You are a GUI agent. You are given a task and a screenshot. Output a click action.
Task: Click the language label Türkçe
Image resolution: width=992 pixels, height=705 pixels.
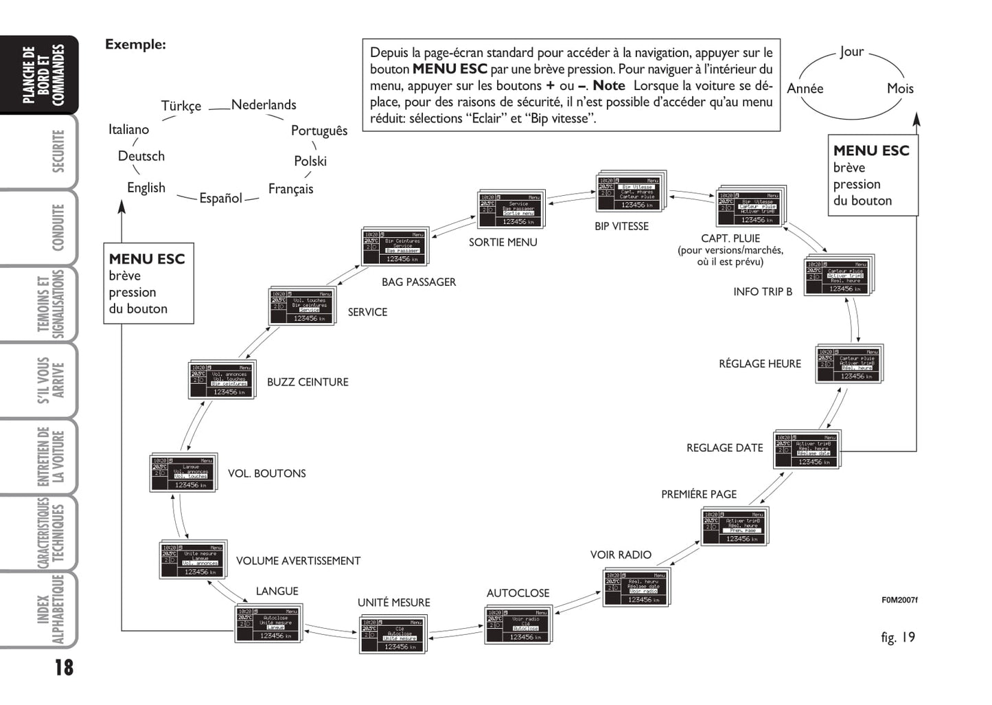pos(181,106)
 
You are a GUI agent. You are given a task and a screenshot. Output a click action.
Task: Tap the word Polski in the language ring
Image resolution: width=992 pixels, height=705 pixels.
pos(310,161)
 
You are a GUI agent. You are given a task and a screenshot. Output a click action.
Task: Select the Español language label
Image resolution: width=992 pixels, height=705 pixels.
pos(220,199)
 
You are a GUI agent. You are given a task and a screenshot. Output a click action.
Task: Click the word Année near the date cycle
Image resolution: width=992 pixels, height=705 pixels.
pos(805,89)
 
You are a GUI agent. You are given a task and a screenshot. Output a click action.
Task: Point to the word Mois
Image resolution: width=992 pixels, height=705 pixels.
pos(900,89)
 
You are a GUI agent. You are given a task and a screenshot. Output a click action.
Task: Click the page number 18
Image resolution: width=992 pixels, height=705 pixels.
pos(63,667)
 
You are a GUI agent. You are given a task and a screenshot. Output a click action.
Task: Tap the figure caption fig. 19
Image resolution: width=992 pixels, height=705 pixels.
pos(897,638)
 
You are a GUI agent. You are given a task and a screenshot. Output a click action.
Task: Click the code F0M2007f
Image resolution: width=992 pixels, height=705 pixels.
pos(899,600)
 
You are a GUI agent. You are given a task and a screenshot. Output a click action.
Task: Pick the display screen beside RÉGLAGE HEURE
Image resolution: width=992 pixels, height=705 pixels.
pos(848,364)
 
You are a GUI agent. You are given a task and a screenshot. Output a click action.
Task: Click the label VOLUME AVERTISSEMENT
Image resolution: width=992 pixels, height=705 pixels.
pos(298,561)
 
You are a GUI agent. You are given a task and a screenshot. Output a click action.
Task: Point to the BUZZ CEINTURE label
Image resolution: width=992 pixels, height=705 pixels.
pos(308,382)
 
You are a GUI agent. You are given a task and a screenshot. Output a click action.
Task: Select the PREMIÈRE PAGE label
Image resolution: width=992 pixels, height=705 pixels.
pos(699,495)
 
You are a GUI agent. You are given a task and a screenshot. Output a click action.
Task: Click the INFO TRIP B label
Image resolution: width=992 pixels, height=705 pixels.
pos(763,292)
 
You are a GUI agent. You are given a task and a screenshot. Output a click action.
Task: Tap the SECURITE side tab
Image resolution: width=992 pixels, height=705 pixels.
pos(58,152)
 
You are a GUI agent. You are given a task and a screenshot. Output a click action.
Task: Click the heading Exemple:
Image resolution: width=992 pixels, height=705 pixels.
pos(135,45)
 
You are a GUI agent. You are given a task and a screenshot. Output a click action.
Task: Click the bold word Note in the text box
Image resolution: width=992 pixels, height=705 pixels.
pos(609,86)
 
